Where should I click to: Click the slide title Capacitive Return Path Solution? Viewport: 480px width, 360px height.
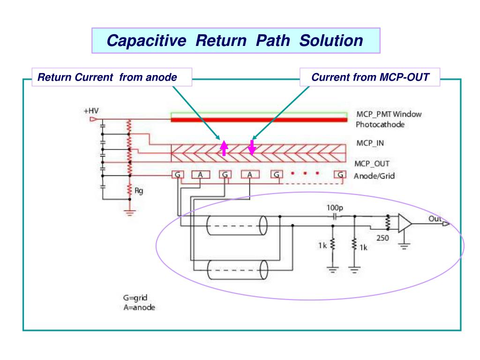[x=235, y=41]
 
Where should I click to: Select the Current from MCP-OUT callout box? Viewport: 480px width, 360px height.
[x=370, y=77]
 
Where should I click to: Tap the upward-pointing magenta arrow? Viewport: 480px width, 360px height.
[x=224, y=147]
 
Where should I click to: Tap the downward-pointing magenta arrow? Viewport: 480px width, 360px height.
[x=252, y=147]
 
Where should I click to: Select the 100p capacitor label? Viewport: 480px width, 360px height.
[x=334, y=207]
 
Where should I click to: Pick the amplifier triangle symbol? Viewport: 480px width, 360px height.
[x=405, y=224]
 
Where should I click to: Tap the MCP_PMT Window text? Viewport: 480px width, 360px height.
[x=389, y=115]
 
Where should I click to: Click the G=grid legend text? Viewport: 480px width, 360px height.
[x=136, y=298]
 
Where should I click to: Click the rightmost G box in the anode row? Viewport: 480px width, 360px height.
[x=340, y=175]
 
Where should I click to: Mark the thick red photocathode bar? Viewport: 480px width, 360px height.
[x=259, y=120]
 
